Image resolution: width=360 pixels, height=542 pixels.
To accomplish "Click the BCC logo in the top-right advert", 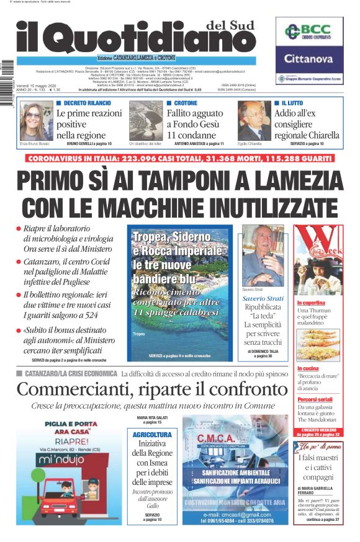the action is point(308,32).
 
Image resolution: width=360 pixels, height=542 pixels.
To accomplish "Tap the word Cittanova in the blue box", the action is point(308,60).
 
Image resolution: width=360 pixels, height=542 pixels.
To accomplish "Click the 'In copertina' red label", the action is point(311,302).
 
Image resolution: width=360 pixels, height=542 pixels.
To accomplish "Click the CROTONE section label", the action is point(186,103).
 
